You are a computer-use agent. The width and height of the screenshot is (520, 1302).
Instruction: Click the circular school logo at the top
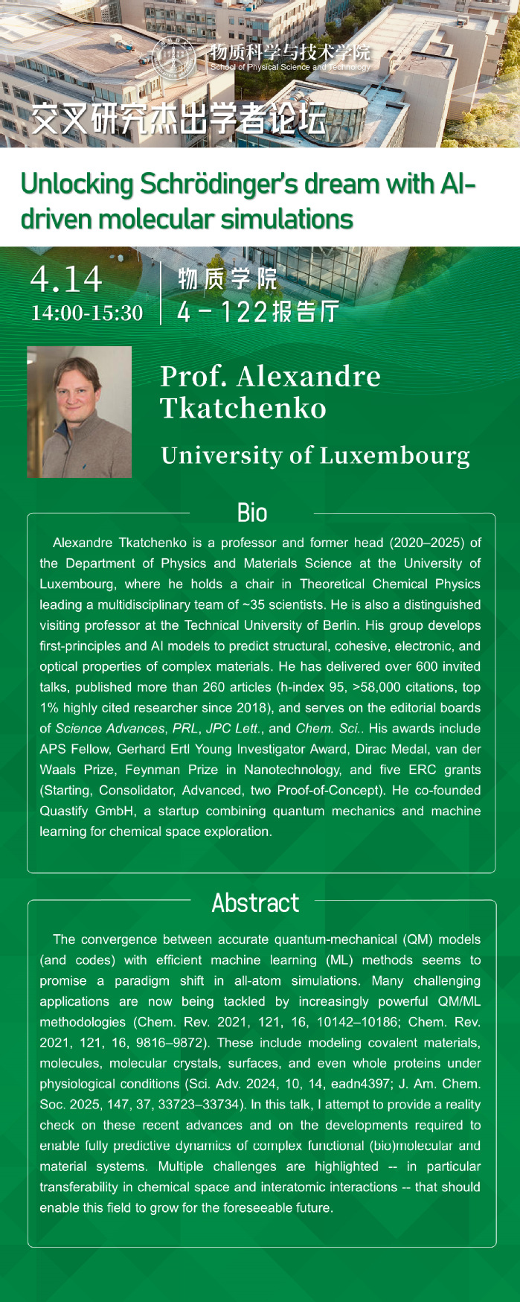coord(173,57)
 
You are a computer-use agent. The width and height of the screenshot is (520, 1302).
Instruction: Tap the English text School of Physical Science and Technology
coord(290,67)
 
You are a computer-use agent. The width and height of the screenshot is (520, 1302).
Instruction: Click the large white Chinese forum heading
coord(179,118)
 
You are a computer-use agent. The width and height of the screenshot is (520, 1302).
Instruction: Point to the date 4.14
coord(66,279)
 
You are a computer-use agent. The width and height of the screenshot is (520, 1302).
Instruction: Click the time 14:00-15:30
coord(87,313)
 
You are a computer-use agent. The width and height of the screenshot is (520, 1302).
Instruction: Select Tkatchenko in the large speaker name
coord(243,408)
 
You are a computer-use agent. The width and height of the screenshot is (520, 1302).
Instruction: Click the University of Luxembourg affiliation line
coord(315,455)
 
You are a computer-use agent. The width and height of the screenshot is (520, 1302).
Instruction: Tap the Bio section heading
coord(252,513)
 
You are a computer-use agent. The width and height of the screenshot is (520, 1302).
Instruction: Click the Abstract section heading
coord(255,903)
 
